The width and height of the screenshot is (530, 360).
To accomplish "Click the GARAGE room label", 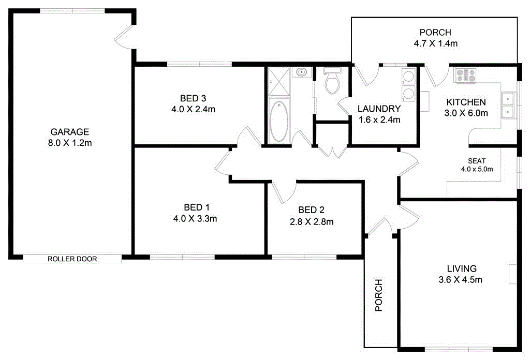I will click(x=70, y=131).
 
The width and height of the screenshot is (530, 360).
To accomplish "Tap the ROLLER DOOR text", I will click(x=72, y=259).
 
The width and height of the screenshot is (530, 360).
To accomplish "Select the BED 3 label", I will click(x=193, y=98).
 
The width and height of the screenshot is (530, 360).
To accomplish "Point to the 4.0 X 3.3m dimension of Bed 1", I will click(x=195, y=219).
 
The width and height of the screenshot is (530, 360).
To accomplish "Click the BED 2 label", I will click(x=312, y=210).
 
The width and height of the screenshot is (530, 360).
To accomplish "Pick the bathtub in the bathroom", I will click(x=279, y=122).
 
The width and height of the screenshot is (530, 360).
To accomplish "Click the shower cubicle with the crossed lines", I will click(x=278, y=82).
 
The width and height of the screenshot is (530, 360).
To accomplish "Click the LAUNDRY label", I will click(x=379, y=109).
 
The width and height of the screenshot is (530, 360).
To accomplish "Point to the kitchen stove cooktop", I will click(x=465, y=76).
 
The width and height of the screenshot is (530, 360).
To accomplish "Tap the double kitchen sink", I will click(x=508, y=105).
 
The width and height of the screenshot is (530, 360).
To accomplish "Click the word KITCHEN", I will click(x=466, y=102).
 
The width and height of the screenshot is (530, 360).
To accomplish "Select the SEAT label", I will click(x=477, y=160).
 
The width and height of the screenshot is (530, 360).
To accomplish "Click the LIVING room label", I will click(x=462, y=268).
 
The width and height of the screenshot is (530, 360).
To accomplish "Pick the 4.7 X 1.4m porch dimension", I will click(x=436, y=44).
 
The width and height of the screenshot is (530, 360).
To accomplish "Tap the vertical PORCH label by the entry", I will click(x=379, y=296).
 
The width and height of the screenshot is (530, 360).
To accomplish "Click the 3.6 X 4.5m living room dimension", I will click(x=462, y=280).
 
